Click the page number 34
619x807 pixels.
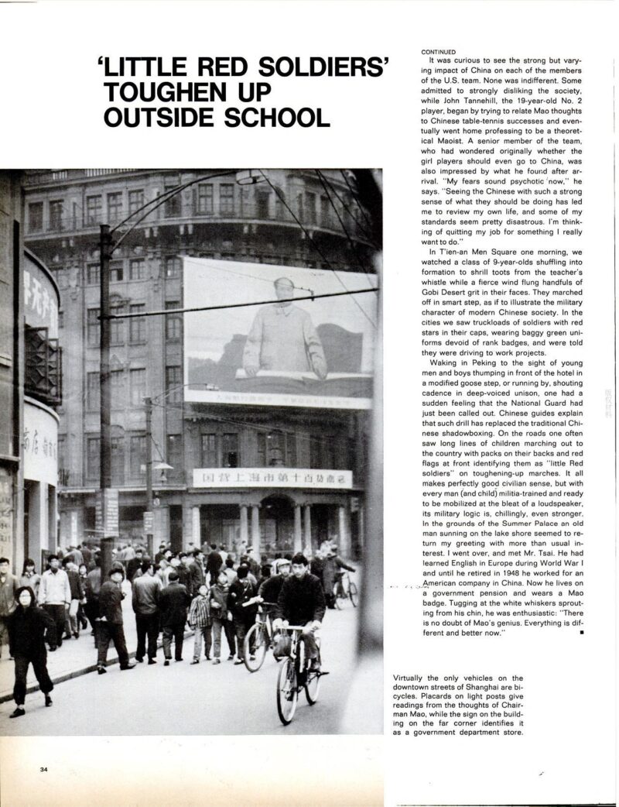[x=46, y=768]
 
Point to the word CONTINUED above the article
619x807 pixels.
[x=439, y=52]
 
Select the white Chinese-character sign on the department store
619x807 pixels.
[x=272, y=479]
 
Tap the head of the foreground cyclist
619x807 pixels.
[x=300, y=563]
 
